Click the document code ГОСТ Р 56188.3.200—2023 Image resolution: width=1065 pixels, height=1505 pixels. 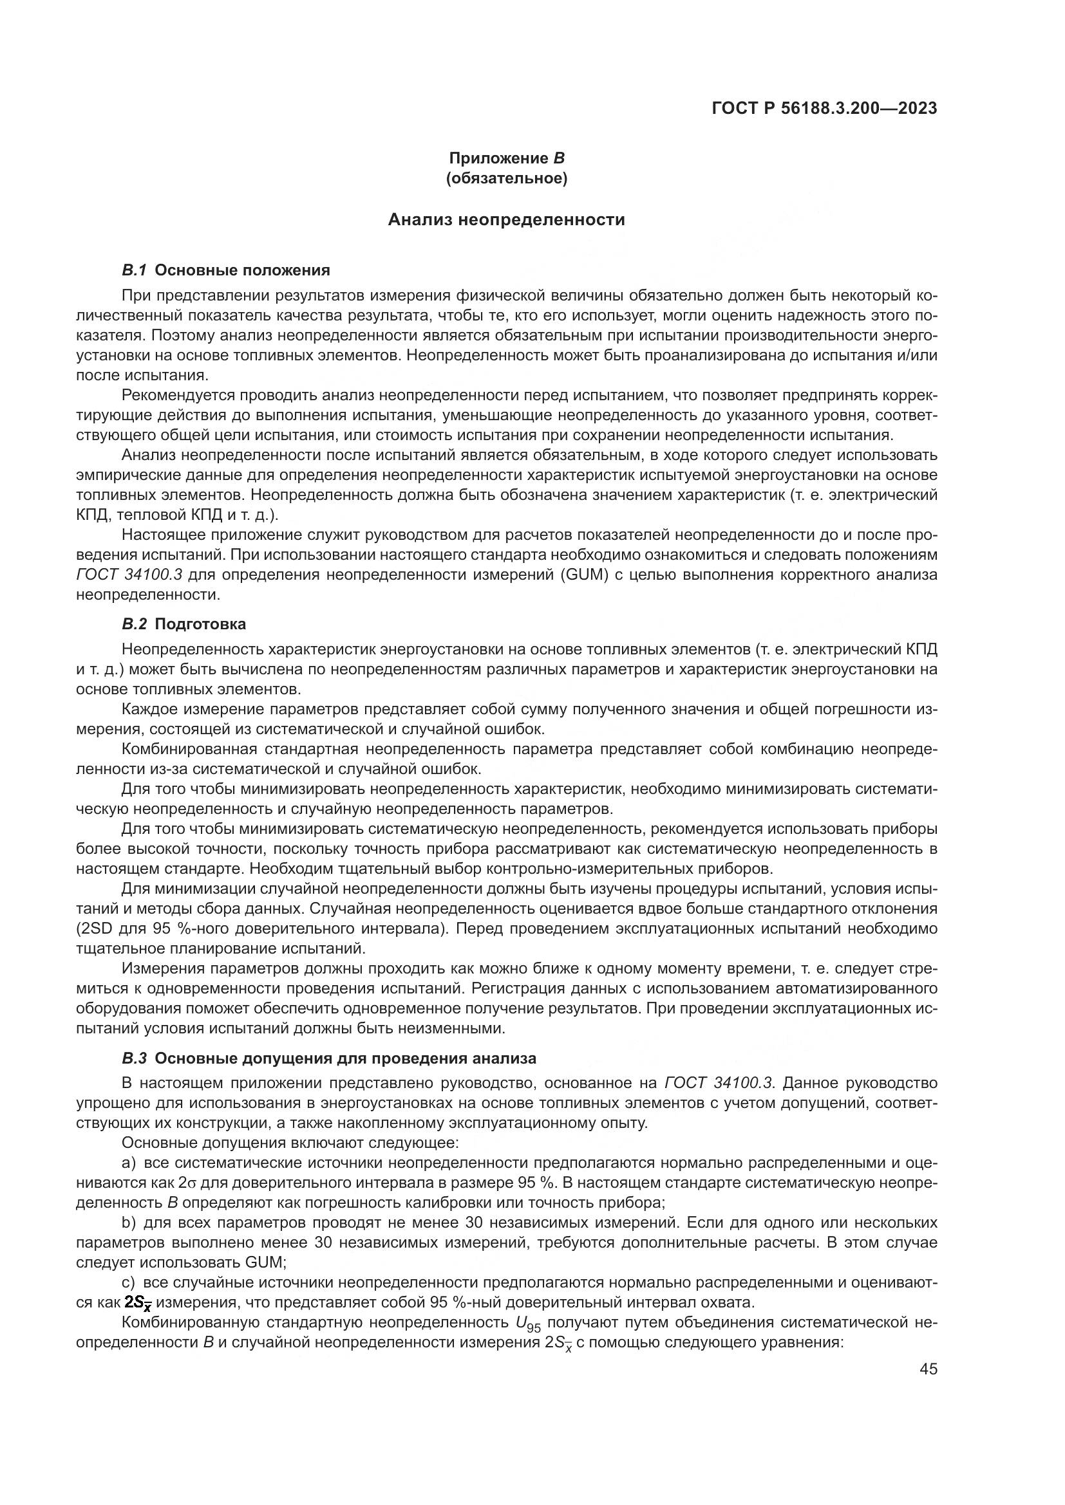click(824, 109)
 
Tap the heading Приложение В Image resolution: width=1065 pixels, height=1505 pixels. click(506, 158)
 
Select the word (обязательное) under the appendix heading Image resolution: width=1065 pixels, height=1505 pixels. click(506, 178)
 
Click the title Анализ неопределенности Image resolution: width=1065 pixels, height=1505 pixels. click(506, 219)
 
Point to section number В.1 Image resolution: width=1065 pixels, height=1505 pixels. click(135, 270)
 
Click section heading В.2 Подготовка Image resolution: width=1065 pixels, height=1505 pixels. click(184, 624)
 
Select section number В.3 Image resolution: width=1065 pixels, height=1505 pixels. click(135, 1058)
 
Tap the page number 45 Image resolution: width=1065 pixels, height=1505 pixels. click(928, 1369)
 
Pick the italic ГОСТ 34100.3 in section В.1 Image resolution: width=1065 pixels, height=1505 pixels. click(129, 575)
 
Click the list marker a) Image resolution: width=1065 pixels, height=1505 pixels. click(129, 1163)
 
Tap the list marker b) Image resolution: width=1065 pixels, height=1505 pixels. click(129, 1223)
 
